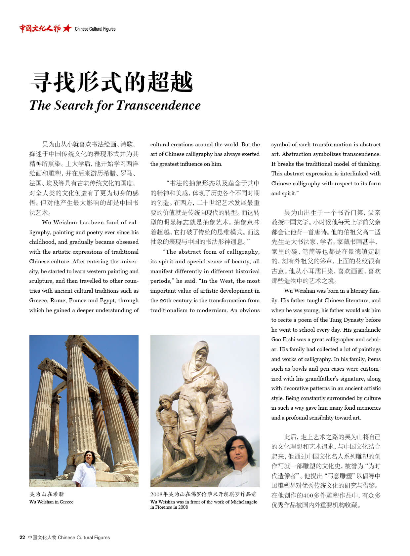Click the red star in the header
click(x=67, y=28)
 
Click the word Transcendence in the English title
click(x=158, y=105)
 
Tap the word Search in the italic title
click(x=74, y=105)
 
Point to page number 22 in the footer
click(x=22, y=537)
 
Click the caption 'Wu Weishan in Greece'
click(x=51, y=502)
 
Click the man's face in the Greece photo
click(x=88, y=457)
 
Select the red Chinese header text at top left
click(x=40, y=28)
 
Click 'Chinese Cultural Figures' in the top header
click(x=95, y=29)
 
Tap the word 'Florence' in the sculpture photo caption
click(x=163, y=507)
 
